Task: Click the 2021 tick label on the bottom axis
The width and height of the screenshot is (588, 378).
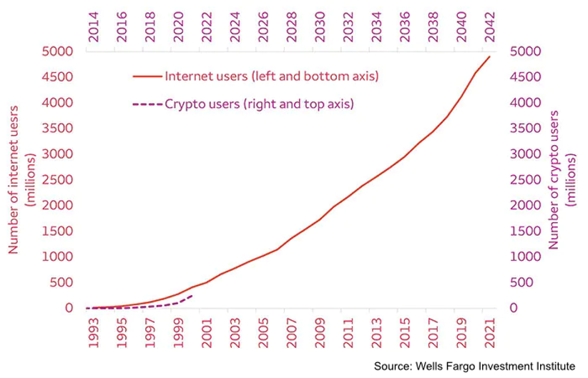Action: click(x=490, y=334)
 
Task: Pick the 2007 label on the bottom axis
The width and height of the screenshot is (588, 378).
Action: click(x=292, y=334)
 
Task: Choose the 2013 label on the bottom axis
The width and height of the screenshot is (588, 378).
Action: click(x=377, y=334)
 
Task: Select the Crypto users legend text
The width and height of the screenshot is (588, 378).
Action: click(x=259, y=104)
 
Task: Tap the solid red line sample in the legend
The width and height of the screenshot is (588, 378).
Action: click(x=147, y=76)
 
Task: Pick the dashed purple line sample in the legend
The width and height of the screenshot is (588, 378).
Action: click(x=147, y=104)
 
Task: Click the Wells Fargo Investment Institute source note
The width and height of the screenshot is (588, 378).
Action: click(x=474, y=366)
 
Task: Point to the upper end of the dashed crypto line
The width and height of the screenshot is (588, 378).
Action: click(x=192, y=294)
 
